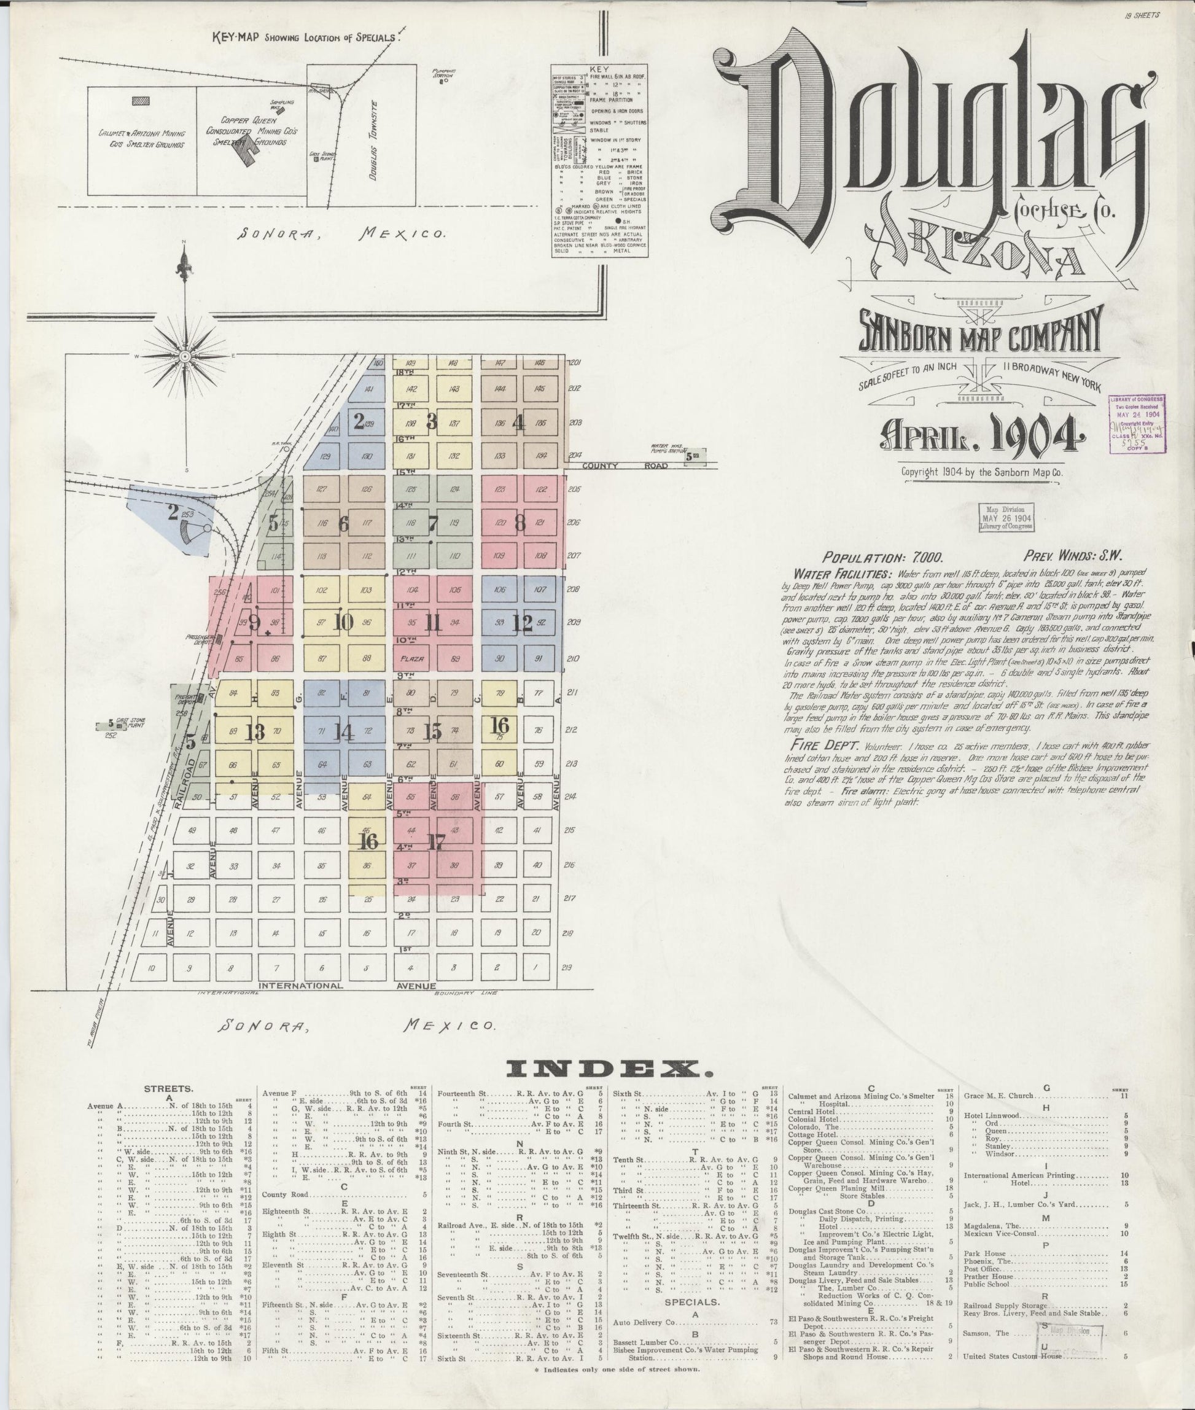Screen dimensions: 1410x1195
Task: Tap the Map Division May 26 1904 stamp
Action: point(1005,518)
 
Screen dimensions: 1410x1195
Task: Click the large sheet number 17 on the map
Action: point(436,842)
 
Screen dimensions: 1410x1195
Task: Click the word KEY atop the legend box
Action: point(599,69)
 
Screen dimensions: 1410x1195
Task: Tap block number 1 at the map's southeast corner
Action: point(535,968)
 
